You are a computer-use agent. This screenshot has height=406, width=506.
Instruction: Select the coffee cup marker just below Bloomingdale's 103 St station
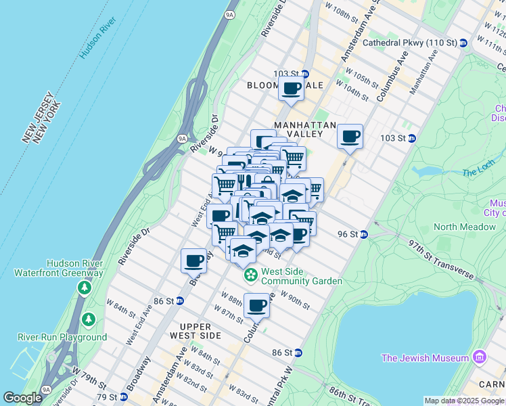(292, 89)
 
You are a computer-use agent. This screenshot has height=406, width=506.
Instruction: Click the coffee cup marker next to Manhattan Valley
(350, 137)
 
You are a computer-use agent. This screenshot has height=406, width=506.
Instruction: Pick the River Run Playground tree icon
(88, 319)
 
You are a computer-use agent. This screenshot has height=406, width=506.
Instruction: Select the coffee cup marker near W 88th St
(256, 306)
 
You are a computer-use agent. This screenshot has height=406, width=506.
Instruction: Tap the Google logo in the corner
(22, 397)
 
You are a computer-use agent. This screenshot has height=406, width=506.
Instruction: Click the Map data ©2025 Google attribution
(464, 401)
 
